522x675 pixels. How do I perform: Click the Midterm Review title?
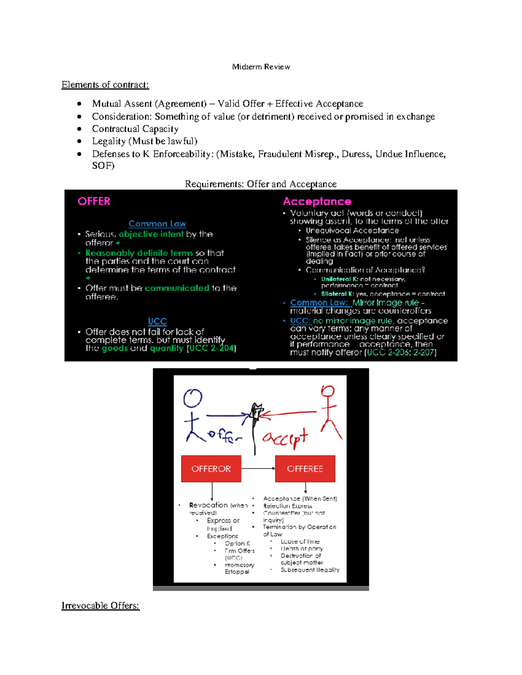point(261,67)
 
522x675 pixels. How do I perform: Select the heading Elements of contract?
point(105,85)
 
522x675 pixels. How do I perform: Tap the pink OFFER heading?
point(94,201)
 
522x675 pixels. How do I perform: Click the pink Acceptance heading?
point(317,201)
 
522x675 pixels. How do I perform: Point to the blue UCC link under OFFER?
point(157,321)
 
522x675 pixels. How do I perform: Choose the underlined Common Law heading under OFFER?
point(157,224)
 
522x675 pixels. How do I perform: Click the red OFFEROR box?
point(211,469)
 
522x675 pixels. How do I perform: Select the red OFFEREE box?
point(305,469)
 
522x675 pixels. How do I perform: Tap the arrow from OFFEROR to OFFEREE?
point(258,468)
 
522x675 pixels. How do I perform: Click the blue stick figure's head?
point(193,398)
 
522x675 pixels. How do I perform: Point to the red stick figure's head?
point(328,391)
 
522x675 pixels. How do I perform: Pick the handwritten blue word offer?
point(224,436)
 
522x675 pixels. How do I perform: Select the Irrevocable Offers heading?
point(100,605)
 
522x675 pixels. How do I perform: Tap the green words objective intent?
point(151,234)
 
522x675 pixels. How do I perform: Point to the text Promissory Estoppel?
point(239,569)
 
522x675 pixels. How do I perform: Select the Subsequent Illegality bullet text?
point(310,570)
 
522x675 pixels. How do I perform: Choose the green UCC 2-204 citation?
point(211,348)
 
